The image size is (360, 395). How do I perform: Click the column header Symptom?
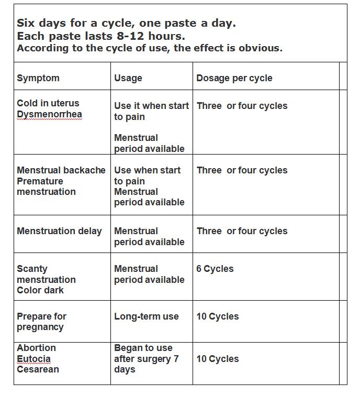click(x=38, y=78)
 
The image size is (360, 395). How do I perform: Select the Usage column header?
click(x=128, y=78)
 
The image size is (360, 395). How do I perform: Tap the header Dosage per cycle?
click(x=234, y=78)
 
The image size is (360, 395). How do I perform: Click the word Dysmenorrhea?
click(x=49, y=114)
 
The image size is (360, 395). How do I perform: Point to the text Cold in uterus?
click(x=48, y=103)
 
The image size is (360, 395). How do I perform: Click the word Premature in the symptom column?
click(x=40, y=181)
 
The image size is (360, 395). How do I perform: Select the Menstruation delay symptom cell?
click(x=59, y=231)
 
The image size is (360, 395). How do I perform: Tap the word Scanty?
click(x=32, y=269)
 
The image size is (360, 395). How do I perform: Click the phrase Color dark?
click(x=40, y=290)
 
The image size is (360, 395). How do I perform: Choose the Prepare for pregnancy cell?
click(x=42, y=322)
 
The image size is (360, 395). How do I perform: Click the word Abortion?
click(x=36, y=348)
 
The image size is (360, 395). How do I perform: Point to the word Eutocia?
click(x=34, y=359)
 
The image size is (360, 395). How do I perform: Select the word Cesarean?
click(x=38, y=369)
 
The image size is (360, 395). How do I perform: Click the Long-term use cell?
click(x=147, y=316)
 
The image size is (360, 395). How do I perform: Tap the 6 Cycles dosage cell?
click(x=215, y=269)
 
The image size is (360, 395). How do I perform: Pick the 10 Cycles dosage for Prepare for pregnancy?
click(x=218, y=316)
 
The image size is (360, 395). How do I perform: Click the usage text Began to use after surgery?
click(x=147, y=359)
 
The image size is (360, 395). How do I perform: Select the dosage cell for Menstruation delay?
click(x=242, y=231)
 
